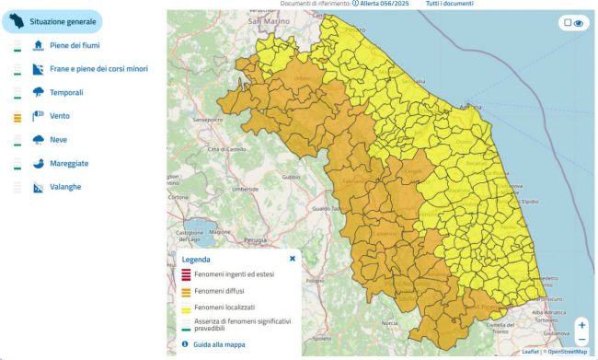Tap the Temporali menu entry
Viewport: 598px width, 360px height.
pyautogui.click(x=67, y=92)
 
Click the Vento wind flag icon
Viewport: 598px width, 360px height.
pyautogui.click(x=39, y=116)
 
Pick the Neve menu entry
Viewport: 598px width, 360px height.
pyautogui.click(x=60, y=140)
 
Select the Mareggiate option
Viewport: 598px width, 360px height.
pyautogui.click(x=69, y=164)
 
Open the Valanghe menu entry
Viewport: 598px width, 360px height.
pyautogui.click(x=65, y=188)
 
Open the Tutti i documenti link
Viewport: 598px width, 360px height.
pyautogui.click(x=449, y=5)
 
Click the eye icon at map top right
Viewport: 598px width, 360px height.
pyautogui.click(x=580, y=24)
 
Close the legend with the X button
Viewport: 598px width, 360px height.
pyautogui.click(x=293, y=259)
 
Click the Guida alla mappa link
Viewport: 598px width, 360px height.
pyautogui.click(x=220, y=344)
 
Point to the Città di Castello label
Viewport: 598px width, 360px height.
pyautogui.click(x=226, y=149)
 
